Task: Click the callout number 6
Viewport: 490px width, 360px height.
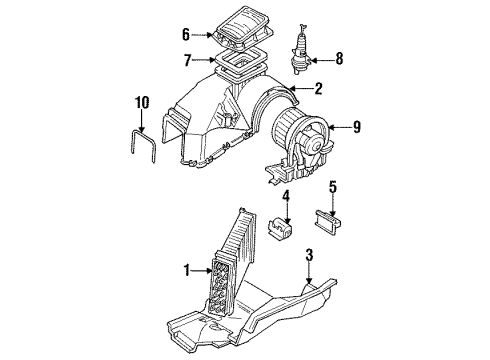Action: [186, 35]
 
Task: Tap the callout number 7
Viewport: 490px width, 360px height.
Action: [188, 60]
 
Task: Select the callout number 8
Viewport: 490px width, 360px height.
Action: [339, 59]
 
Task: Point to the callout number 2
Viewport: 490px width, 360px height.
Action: [318, 89]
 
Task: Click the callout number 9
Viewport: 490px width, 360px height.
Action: [357, 127]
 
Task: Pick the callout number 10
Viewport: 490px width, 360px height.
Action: [142, 102]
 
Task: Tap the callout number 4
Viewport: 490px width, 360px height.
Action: [286, 197]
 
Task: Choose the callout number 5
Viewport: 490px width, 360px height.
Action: [333, 188]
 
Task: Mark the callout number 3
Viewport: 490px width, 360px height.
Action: [310, 255]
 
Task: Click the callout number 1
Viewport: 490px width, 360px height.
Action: [187, 270]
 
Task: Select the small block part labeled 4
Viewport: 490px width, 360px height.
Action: [279, 227]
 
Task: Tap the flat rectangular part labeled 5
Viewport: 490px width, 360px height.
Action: [328, 221]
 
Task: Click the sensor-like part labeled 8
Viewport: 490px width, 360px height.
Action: [301, 49]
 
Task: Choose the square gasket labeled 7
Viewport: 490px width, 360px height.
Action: [241, 62]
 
